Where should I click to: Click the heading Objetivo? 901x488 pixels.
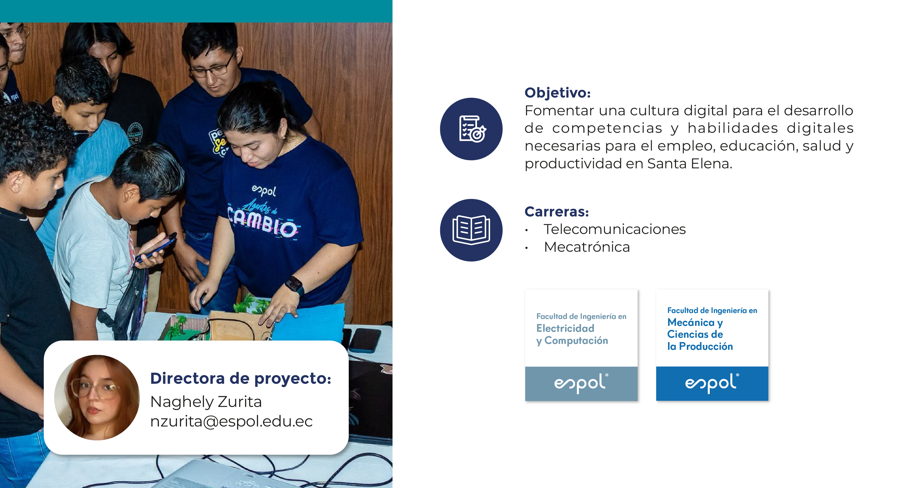click(558, 93)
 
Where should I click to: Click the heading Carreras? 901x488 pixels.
click(557, 212)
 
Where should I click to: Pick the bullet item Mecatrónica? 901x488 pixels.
click(587, 247)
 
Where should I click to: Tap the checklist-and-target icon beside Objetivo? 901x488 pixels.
click(471, 129)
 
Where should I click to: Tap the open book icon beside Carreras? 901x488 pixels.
click(471, 230)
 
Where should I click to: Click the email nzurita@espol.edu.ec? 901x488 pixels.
click(231, 421)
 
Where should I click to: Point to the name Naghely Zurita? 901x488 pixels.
click(206, 402)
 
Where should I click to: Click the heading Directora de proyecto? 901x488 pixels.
click(241, 378)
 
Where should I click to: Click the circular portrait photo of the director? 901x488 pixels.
click(97, 397)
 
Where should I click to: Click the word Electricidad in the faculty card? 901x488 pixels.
click(565, 328)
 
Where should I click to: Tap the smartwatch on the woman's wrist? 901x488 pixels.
click(294, 285)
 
